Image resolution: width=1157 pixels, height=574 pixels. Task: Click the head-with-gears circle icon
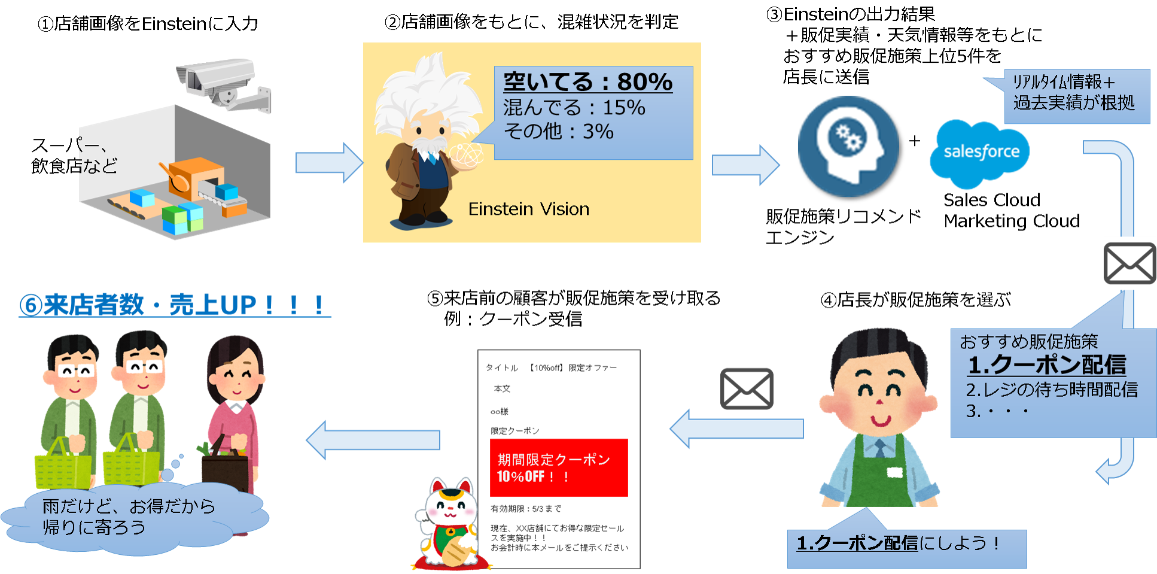tap(848, 146)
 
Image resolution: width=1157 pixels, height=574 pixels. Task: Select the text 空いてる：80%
tap(587, 81)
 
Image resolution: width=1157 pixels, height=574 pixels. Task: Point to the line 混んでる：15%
tap(574, 108)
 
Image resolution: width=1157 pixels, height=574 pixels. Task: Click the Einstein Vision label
tap(528, 209)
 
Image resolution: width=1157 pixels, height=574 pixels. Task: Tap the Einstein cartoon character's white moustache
tap(428, 145)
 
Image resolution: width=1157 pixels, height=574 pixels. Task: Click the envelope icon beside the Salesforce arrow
tap(1129, 263)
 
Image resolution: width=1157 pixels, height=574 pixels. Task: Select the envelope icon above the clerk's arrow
tap(747, 388)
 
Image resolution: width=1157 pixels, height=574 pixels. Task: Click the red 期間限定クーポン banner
tap(558, 467)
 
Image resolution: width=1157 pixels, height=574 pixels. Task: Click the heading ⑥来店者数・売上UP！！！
tap(174, 305)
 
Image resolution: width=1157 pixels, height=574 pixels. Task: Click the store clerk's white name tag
tap(894, 473)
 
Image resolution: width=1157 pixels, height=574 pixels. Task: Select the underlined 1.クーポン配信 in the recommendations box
tap(1046, 365)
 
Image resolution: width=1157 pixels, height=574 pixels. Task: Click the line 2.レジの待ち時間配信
tap(1051, 390)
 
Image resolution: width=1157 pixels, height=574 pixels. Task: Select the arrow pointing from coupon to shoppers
tap(373, 440)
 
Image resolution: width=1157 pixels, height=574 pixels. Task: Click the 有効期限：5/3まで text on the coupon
tap(526, 509)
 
